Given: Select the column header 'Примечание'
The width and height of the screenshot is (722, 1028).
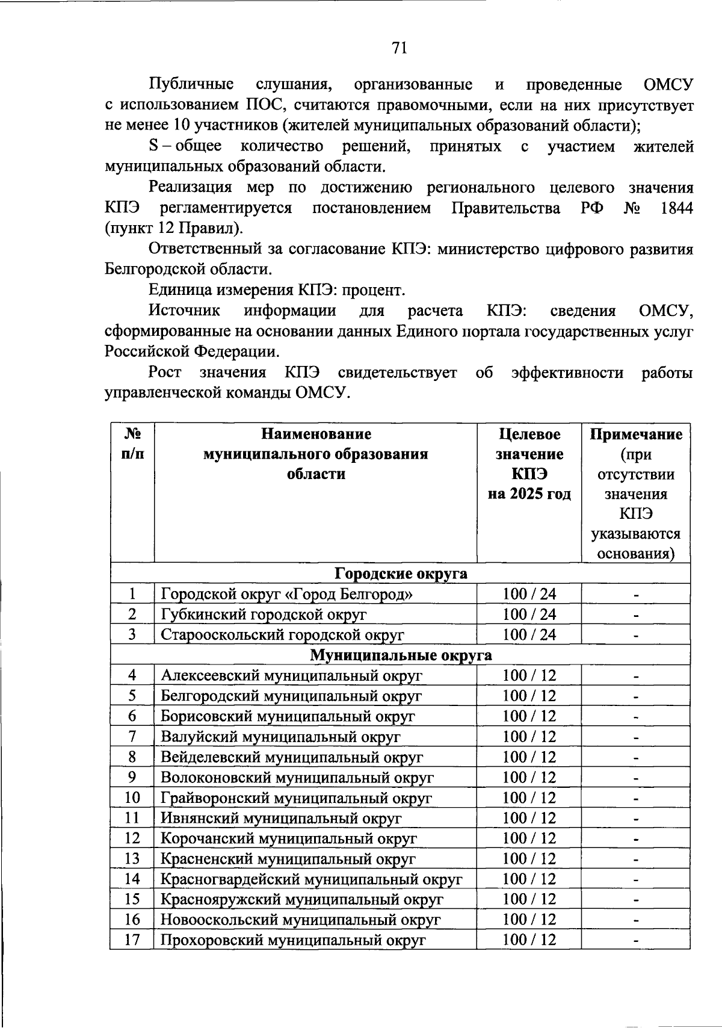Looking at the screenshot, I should click(x=635, y=435).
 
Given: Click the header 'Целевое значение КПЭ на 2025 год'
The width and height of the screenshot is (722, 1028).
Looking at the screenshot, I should click(x=529, y=463).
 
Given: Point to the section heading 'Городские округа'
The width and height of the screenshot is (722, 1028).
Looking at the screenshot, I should click(x=401, y=574).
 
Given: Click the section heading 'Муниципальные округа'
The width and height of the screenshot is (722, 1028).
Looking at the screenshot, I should click(x=401, y=655).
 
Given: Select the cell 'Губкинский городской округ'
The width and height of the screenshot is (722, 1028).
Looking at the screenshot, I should click(x=264, y=615).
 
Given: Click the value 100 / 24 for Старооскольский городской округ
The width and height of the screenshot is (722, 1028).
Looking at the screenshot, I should click(x=529, y=634).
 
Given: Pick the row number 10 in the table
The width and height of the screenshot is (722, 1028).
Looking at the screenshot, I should click(x=132, y=797).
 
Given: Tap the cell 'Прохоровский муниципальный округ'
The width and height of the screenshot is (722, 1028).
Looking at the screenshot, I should click(x=293, y=940).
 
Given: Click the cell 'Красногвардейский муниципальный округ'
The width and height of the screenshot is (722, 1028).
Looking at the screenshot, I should click(x=311, y=879).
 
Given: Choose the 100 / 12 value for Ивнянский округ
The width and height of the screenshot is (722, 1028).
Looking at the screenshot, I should click(x=529, y=818).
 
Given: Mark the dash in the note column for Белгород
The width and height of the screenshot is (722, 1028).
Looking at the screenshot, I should click(x=635, y=595).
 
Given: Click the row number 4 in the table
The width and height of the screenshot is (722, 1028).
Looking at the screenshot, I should click(x=132, y=675).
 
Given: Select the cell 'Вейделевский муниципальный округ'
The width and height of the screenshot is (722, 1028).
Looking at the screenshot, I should click(x=291, y=757).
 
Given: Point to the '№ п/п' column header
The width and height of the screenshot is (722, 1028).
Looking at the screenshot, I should click(x=132, y=444).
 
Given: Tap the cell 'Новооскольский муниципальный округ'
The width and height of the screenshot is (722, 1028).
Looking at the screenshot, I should click(x=300, y=920).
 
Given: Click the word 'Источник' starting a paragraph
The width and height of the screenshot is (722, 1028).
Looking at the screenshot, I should click(x=184, y=311).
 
